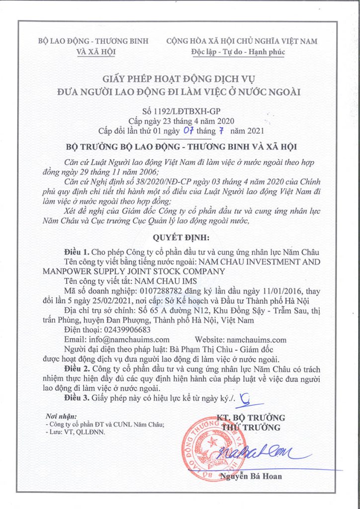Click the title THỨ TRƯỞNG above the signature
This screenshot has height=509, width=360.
[x=251, y=427]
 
